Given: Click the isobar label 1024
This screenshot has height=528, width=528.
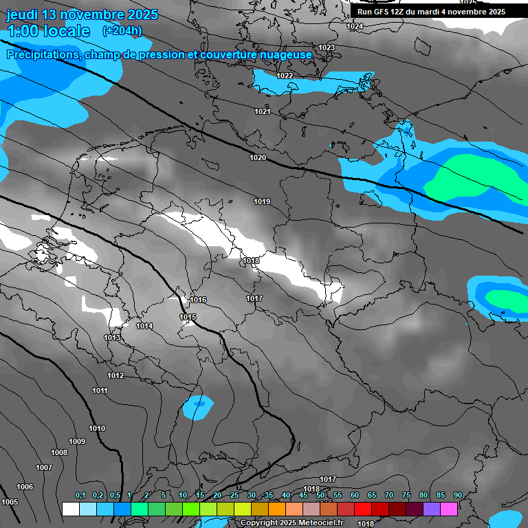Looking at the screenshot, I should [355, 26].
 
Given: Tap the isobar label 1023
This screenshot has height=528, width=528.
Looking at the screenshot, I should [327, 47].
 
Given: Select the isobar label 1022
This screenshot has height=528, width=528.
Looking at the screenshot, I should [285, 76].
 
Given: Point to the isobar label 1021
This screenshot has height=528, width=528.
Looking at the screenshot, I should [263, 111].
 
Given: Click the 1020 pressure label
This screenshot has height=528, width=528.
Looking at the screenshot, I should [258, 157].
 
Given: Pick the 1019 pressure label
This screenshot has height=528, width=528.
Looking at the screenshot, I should [262, 201].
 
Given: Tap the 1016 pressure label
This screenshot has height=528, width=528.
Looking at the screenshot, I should [199, 300].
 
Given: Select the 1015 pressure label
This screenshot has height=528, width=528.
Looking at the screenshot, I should [188, 317].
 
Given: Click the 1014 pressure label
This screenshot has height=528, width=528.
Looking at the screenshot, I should [144, 326].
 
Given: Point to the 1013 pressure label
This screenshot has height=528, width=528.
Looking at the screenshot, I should [112, 338].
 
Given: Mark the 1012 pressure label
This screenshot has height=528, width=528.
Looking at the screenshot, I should [115, 375].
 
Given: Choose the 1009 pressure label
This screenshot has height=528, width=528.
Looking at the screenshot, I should [77, 441].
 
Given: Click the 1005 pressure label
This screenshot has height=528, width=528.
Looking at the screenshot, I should [10, 502].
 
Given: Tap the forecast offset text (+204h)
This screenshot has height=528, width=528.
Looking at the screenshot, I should [122, 30].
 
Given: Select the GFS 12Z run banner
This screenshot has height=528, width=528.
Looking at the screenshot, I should [431, 12].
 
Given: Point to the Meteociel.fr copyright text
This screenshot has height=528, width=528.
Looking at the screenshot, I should [301, 523].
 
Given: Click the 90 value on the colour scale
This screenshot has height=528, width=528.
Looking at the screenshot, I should [457, 495].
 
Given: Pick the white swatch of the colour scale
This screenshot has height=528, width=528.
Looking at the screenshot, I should [70, 509].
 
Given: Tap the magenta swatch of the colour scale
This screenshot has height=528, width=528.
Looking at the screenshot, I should [449, 509].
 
